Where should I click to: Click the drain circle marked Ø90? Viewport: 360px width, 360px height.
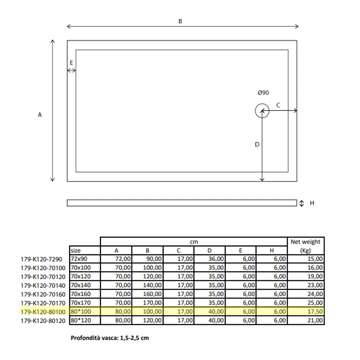pyautogui.click(x=262, y=111)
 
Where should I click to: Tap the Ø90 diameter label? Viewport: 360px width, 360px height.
pyautogui.click(x=263, y=92)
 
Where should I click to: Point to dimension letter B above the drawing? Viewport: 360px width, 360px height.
pyautogui.click(x=180, y=21)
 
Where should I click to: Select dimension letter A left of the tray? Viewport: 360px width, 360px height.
pyautogui.click(x=40, y=114)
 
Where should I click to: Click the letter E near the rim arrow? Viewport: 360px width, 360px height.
pyautogui.click(x=71, y=62)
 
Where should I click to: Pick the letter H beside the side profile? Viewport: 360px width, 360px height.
pyautogui.click(x=312, y=203)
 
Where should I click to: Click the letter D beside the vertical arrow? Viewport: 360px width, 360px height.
pyautogui.click(x=257, y=144)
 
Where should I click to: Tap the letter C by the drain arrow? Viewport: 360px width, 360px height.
pyautogui.click(x=278, y=105)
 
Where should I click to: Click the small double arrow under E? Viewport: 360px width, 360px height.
pyautogui.click(x=71, y=70)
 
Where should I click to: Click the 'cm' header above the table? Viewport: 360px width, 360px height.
pyautogui.click(x=194, y=242)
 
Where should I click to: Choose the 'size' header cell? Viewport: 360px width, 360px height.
pyautogui.click(x=76, y=250)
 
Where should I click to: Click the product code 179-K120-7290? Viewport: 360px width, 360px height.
pyautogui.click(x=42, y=259)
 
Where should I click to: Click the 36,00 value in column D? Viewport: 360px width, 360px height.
pyautogui.click(x=216, y=259)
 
